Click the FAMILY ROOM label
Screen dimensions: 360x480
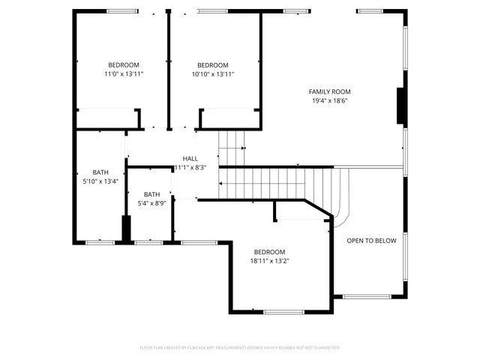(x=330, y=91)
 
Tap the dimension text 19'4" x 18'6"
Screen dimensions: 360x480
(x=330, y=100)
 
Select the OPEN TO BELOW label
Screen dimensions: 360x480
(x=371, y=241)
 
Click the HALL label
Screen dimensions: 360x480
(x=190, y=159)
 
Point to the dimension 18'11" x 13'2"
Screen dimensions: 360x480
(x=269, y=261)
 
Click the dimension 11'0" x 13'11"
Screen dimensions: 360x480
(x=124, y=74)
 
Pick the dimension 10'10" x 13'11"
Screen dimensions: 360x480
(x=213, y=74)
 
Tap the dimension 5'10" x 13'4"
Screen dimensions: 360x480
(x=100, y=181)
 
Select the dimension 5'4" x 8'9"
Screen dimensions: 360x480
(x=151, y=203)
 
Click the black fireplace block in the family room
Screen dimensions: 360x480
(x=401, y=106)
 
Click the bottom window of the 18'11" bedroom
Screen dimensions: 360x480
(x=283, y=312)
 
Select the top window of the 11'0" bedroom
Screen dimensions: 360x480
(x=122, y=11)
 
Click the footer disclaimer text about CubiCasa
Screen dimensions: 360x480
(x=240, y=347)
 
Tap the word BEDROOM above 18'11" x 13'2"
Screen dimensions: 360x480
(x=269, y=252)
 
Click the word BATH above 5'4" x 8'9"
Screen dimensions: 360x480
(x=151, y=194)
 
